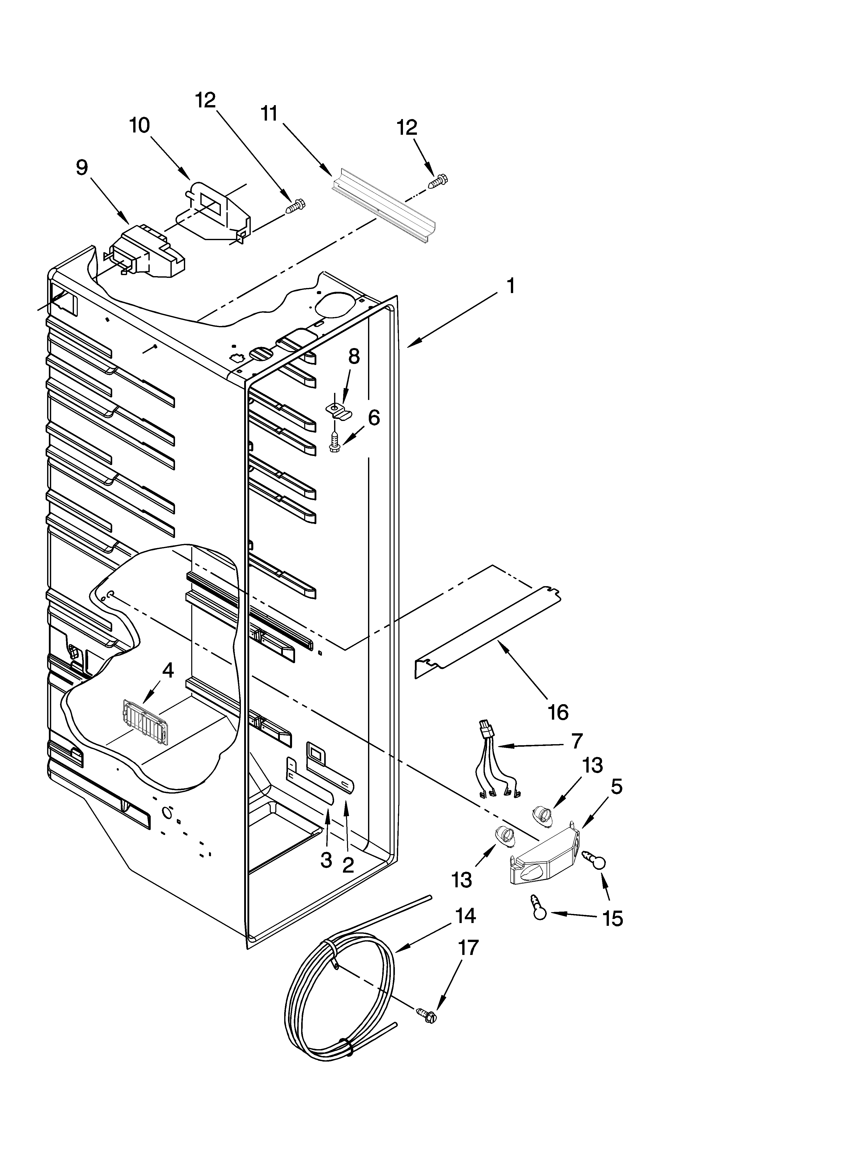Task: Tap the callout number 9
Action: (82, 168)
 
